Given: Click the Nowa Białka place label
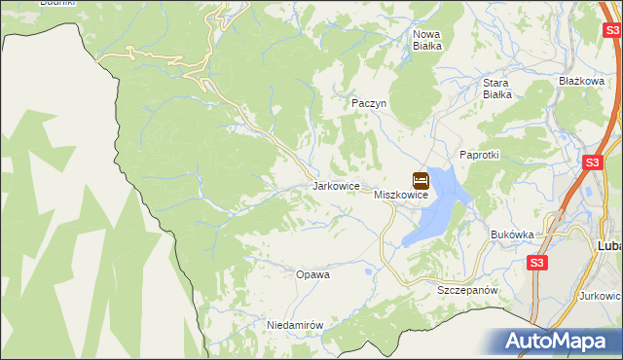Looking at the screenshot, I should pyautogui.click(x=427, y=39).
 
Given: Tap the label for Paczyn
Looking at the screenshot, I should pyautogui.click(x=369, y=102).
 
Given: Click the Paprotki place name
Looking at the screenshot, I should pyautogui.click(x=479, y=155).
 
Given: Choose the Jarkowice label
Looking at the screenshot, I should pyautogui.click(x=337, y=185).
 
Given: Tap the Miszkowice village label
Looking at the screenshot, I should pyautogui.click(x=402, y=196).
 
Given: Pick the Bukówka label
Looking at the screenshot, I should pyautogui.click(x=513, y=234).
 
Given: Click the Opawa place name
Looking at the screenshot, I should pyautogui.click(x=313, y=274).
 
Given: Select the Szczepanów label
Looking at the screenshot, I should pyautogui.click(x=468, y=291).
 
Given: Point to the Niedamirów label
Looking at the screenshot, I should pyautogui.click(x=294, y=325).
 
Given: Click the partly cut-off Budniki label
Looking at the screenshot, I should pyautogui.click(x=56, y=3).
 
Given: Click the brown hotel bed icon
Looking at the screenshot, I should pyautogui.click(x=421, y=180).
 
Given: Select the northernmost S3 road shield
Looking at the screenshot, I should pyautogui.click(x=610, y=31).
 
